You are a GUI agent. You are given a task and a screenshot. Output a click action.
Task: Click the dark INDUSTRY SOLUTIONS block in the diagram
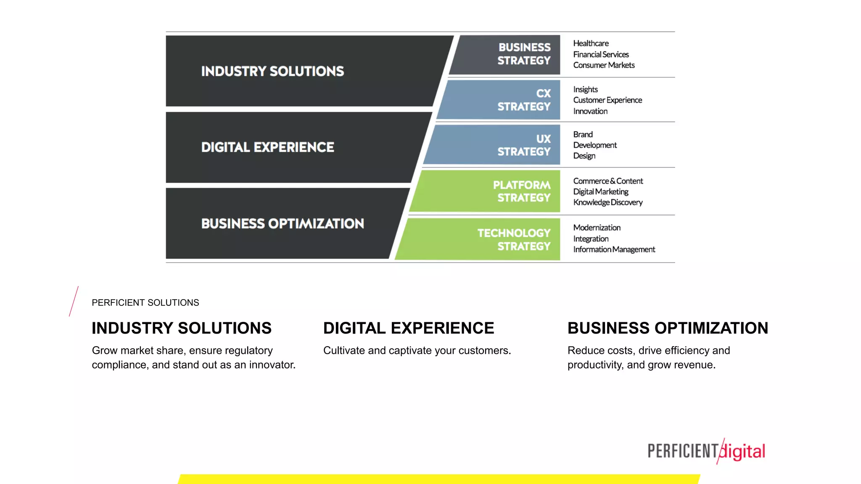coord(294,71)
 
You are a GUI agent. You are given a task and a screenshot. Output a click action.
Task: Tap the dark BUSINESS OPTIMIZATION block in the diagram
coord(282,224)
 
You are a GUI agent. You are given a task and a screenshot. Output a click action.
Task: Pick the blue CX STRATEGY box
coord(504,100)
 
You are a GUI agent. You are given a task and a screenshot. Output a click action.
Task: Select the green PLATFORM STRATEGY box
coord(492,191)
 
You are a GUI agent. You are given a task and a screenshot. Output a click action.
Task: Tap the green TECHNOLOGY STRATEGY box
coord(483,239)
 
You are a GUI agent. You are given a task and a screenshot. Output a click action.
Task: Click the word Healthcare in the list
coord(591,43)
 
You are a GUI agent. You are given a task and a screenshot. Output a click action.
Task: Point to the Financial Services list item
coord(601,54)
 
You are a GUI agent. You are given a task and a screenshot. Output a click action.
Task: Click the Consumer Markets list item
coord(604,65)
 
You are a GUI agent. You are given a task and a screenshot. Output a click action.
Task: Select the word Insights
coord(585,89)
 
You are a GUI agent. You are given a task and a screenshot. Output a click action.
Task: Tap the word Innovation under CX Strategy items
coord(590,111)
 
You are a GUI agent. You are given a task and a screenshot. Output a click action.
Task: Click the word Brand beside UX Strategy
coord(583,134)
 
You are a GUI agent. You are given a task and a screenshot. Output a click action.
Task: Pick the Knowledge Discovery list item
coord(608,203)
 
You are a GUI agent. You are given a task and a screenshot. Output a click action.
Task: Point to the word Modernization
coord(597,228)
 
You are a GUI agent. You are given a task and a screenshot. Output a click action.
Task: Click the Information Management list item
coord(614,250)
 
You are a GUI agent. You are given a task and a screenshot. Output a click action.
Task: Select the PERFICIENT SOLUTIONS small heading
coord(145,302)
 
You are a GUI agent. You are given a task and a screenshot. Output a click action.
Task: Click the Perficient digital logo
coord(706,451)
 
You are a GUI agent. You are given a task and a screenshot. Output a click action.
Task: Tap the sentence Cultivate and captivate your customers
coord(417,350)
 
